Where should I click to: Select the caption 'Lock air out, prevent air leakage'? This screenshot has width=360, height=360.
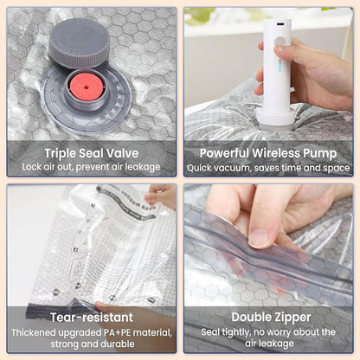click(91, 165)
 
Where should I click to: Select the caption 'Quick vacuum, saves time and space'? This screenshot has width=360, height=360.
click(267, 165)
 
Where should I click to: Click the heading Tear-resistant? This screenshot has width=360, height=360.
click(92, 317)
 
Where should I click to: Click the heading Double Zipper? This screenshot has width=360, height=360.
click(267, 317)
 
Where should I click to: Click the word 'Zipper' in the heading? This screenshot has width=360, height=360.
click(291, 317)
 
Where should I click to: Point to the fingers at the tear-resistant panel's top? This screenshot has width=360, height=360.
click(163, 194)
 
